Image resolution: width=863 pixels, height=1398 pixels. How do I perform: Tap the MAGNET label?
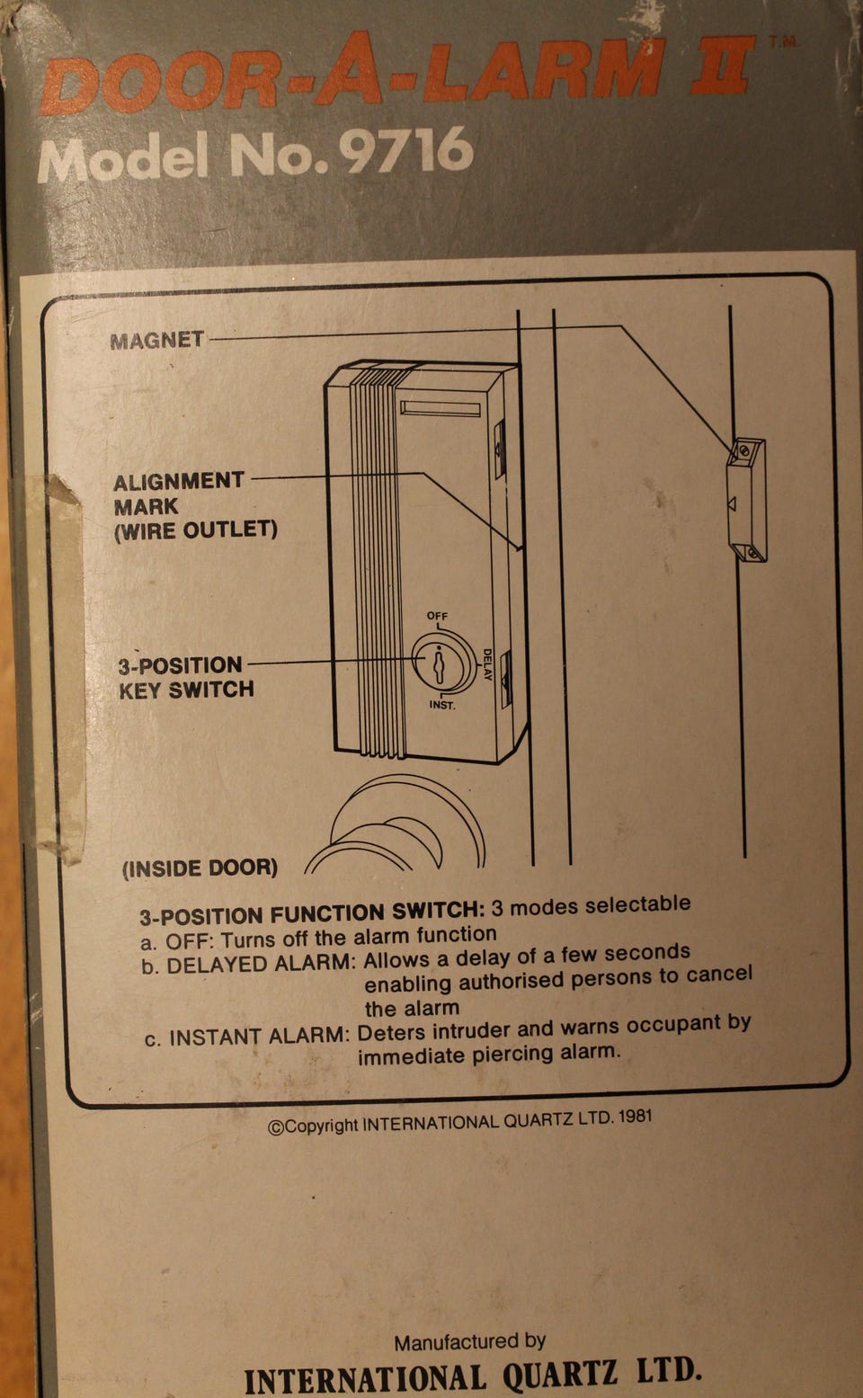[157, 340]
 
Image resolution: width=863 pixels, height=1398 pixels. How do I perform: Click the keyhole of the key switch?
[440, 664]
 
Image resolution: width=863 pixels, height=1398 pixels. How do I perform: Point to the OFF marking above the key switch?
[437, 615]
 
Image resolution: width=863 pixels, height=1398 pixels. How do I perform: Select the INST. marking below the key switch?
[441, 705]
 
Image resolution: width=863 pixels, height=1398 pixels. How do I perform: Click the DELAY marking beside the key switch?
[487, 664]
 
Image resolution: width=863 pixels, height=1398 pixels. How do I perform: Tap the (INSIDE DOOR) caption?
[200, 868]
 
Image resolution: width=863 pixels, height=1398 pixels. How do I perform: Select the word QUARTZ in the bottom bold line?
[559, 1374]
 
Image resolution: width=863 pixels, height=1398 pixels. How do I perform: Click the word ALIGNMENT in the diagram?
[179, 481]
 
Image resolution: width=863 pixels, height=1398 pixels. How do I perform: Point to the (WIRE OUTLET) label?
[196, 530]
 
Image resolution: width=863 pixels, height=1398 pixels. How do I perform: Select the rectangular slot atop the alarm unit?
[440, 409]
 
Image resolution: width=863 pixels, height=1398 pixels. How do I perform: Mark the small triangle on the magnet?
[732, 503]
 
